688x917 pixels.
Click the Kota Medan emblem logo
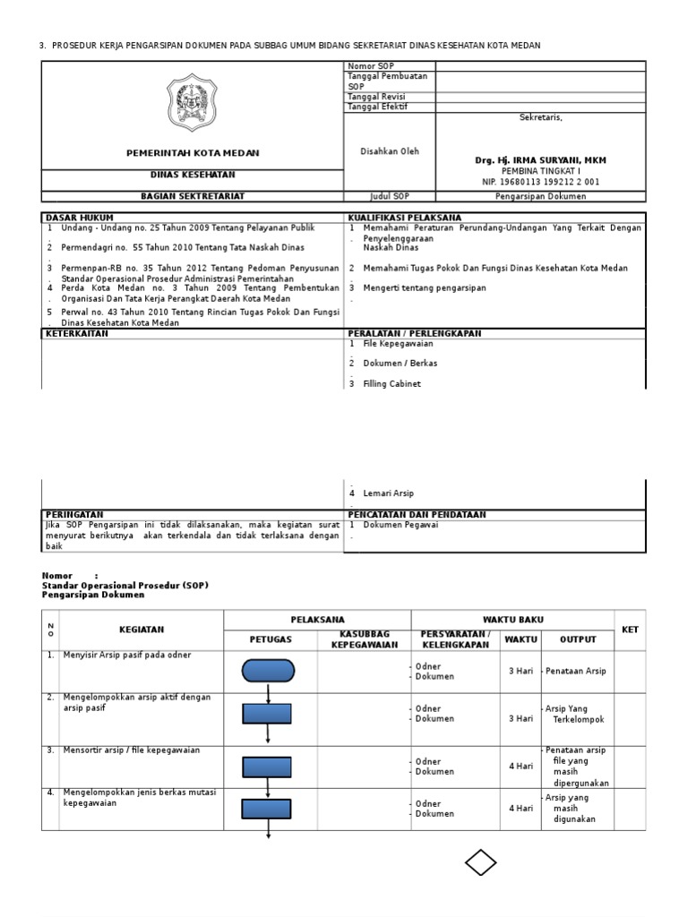[x=192, y=103]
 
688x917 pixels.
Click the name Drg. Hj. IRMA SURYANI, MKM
[x=539, y=160]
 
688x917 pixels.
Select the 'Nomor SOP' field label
[x=369, y=67]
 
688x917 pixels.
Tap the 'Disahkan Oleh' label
[x=389, y=151]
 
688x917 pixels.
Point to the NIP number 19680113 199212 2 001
[x=540, y=182]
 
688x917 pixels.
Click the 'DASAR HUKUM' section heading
[x=79, y=218]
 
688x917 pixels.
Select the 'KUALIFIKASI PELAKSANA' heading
[x=405, y=218]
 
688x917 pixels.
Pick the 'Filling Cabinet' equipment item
[x=391, y=383]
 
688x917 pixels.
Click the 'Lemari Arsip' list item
[x=388, y=493]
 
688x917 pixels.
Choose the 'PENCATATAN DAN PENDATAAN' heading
[x=417, y=515]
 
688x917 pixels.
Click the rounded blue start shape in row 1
[x=268, y=671]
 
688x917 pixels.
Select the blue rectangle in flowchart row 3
[x=267, y=767]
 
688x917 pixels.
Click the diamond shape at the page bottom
[x=481, y=863]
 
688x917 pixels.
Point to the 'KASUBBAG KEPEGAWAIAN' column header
[x=364, y=639]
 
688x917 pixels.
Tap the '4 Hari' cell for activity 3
[x=520, y=767]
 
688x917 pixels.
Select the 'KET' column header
[x=630, y=630]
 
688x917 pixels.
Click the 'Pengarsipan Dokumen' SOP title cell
[x=540, y=196]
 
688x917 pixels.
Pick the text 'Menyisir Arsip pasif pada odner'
[x=127, y=656]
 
